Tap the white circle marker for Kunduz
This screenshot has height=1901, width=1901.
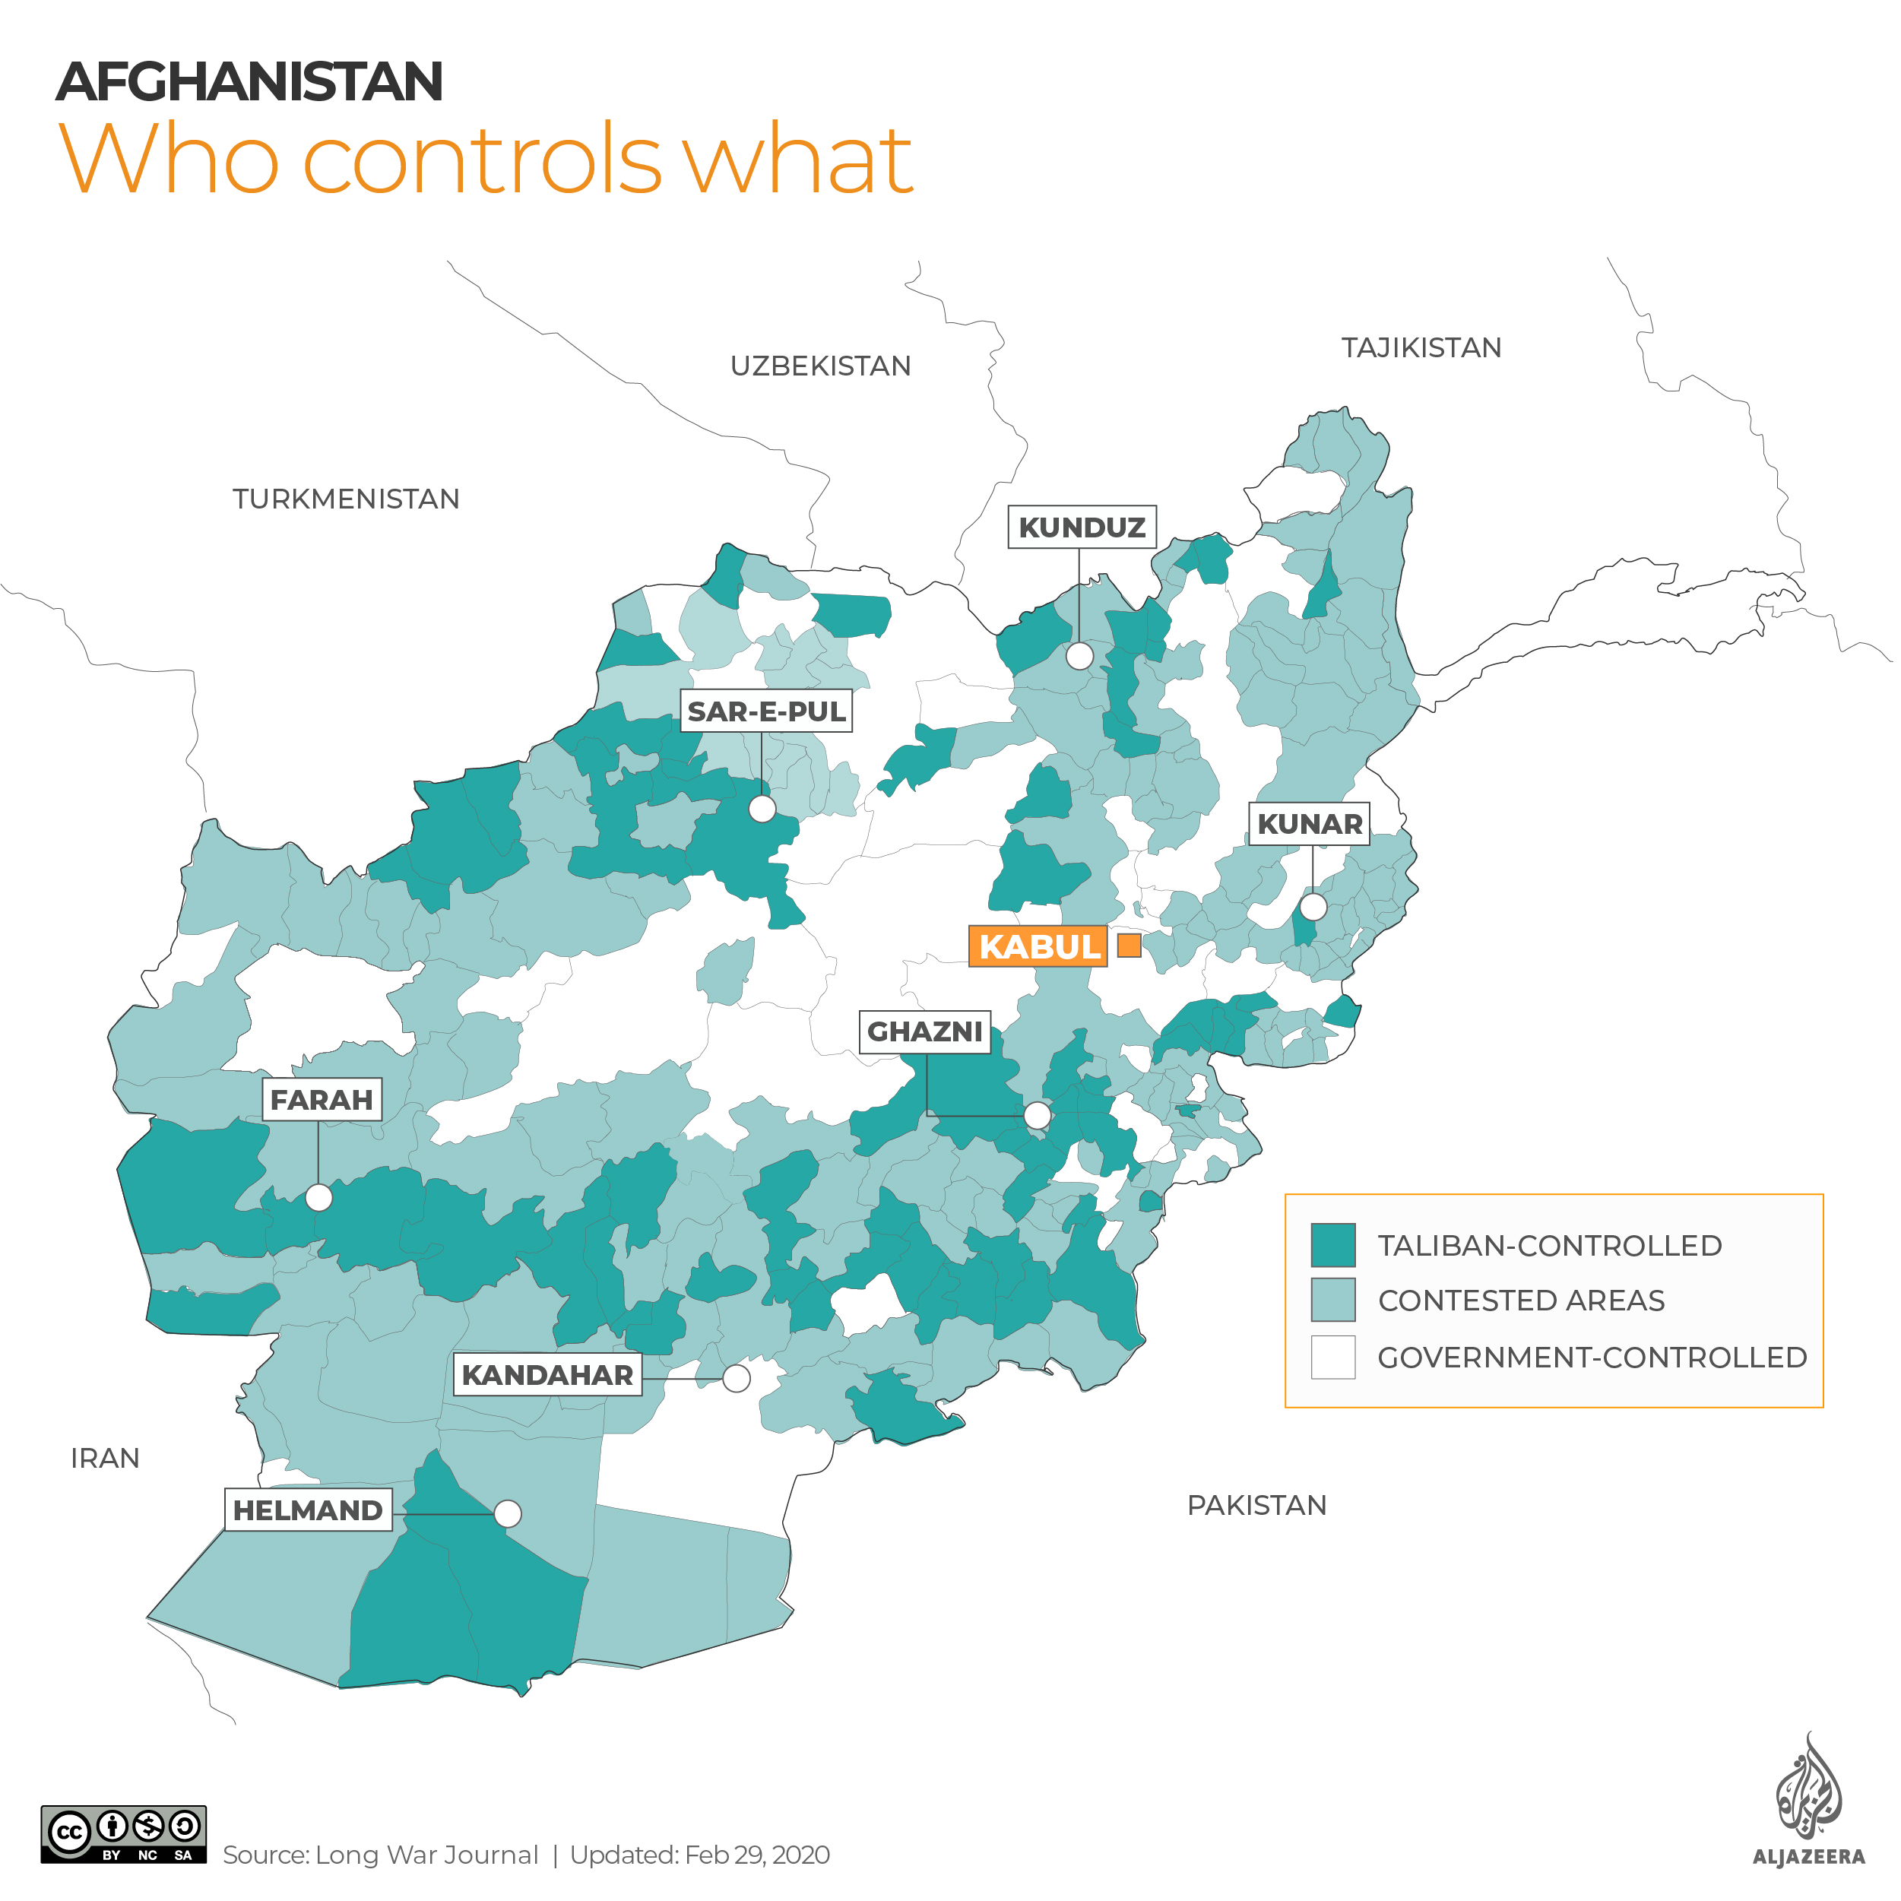pyautogui.click(x=1079, y=656)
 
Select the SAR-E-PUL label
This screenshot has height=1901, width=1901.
pyautogui.click(x=765, y=711)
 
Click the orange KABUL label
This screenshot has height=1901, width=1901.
pyautogui.click(x=1038, y=946)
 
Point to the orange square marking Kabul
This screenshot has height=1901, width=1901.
pyautogui.click(x=1129, y=946)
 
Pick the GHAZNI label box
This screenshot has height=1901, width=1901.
pyautogui.click(x=924, y=1031)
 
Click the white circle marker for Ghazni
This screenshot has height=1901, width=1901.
pyautogui.click(x=1036, y=1115)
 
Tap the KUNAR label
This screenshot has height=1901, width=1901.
pyautogui.click(x=1309, y=824)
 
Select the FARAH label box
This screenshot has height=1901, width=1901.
pyautogui.click(x=321, y=1099)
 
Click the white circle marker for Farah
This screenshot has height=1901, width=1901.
pyautogui.click(x=318, y=1197)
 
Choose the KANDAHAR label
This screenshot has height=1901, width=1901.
pyautogui.click(x=547, y=1374)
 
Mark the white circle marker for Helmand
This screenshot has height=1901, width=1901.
pyautogui.click(x=508, y=1513)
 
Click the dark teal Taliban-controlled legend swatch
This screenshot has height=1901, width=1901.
pyautogui.click(x=1332, y=1245)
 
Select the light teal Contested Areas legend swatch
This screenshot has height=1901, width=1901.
pyautogui.click(x=1332, y=1300)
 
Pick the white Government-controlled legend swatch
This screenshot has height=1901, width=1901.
pyautogui.click(x=1332, y=1357)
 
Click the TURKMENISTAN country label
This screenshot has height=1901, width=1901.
pyautogui.click(x=345, y=499)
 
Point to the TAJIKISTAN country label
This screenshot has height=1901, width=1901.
pyautogui.click(x=1421, y=347)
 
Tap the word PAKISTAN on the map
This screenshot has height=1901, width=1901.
pyautogui.click(x=1256, y=1506)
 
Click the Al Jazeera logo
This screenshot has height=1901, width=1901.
pyautogui.click(x=1808, y=1800)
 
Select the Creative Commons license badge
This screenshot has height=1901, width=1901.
pyautogui.click(x=123, y=1834)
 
